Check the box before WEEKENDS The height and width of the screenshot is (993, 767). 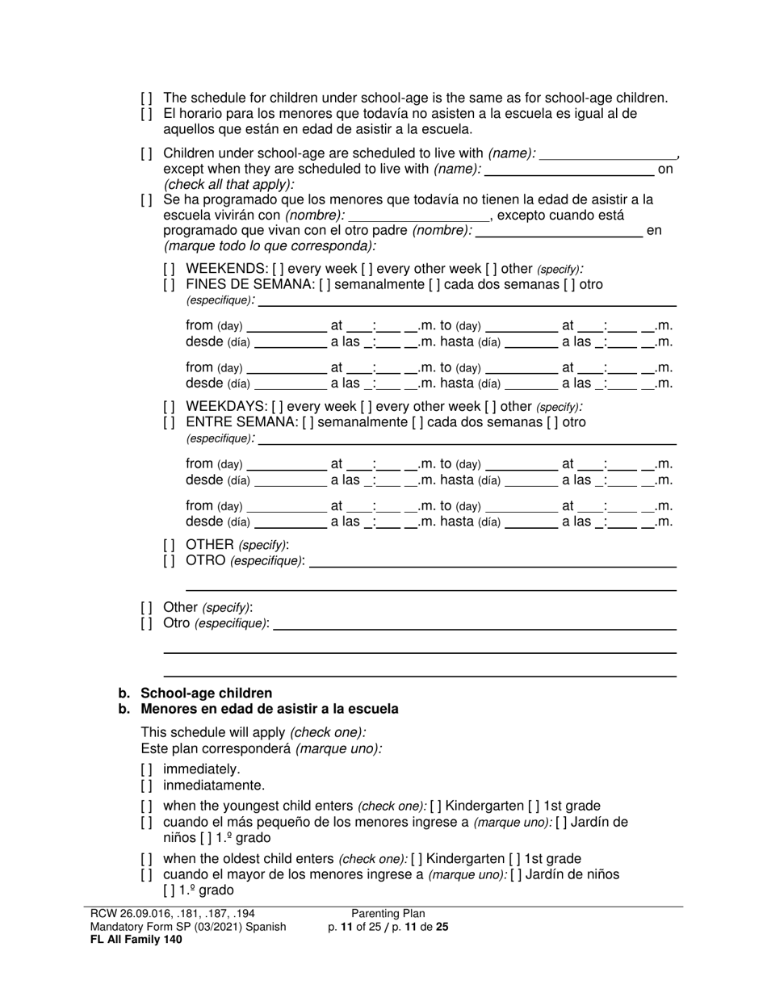pyautogui.click(x=169, y=269)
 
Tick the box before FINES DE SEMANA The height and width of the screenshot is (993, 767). pyautogui.click(x=169, y=285)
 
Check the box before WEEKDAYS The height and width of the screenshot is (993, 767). pyautogui.click(x=169, y=407)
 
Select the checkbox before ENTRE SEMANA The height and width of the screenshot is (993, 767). pyautogui.click(x=169, y=423)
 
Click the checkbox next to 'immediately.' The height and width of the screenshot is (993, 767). pyautogui.click(x=146, y=769)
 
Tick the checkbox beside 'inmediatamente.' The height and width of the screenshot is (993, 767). pyautogui.click(x=146, y=786)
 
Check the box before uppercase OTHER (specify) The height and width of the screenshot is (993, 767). pyautogui.click(x=169, y=545)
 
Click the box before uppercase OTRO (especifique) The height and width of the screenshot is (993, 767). pyautogui.click(x=169, y=561)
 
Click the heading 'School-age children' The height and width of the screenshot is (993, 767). pyautogui.click(x=206, y=693)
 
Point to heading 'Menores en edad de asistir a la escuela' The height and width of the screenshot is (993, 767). pyautogui.click(x=269, y=710)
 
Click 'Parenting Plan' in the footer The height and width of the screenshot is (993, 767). pyautogui.click(x=388, y=914)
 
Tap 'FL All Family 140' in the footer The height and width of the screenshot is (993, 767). pyautogui.click(x=136, y=940)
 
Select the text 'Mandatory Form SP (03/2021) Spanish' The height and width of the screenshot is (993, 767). pyautogui.click(x=188, y=927)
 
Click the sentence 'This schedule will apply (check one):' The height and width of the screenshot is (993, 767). pyautogui.click(x=254, y=733)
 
